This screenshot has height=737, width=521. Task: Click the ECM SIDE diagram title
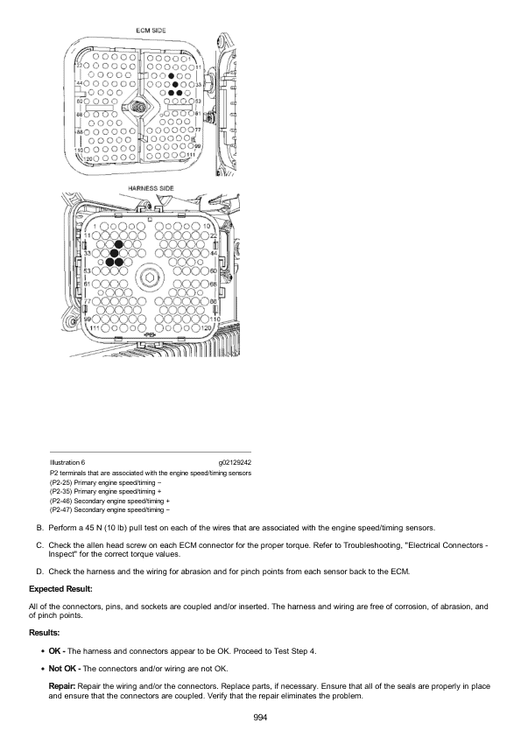coord(151,31)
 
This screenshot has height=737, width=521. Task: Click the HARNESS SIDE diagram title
coord(151,188)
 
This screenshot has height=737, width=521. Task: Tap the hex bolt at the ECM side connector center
coord(137,108)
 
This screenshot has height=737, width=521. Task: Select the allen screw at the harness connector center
coord(150,276)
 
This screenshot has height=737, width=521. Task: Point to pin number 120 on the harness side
coord(206,327)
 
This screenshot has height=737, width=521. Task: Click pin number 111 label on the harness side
coord(95,327)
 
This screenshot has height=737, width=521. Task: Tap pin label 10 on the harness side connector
coord(206,227)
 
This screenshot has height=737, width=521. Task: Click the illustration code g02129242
coord(235,462)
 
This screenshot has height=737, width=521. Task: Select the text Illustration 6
coord(67,462)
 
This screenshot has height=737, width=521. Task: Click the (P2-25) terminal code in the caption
coord(61,482)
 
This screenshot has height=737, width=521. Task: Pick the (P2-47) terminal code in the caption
coord(61,510)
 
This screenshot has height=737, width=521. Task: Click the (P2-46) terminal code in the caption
coord(61,501)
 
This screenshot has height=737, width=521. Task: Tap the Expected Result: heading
coord(60,589)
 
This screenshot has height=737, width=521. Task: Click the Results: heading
coord(44,633)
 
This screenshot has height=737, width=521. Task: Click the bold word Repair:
coord(62,686)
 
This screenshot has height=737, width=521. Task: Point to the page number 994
coord(260,717)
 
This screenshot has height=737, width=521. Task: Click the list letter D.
coord(40,572)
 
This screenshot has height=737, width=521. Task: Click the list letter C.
coord(40,545)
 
